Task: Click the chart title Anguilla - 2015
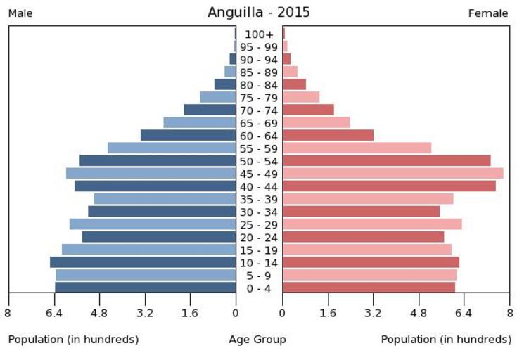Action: pyautogui.click(x=258, y=13)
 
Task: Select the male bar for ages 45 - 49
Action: pyautogui.click(x=151, y=173)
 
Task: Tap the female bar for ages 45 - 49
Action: pyautogui.click(x=392, y=173)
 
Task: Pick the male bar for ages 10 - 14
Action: pyautogui.click(x=143, y=262)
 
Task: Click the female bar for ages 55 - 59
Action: pyautogui.click(x=357, y=148)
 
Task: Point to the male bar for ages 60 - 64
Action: pyautogui.click(x=188, y=135)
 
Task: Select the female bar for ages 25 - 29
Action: pyautogui.click(x=372, y=224)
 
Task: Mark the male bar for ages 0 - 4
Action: pyautogui.click(x=145, y=287)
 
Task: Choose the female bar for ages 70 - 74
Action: pyautogui.click(x=308, y=110)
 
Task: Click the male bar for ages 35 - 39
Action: pyautogui.click(x=165, y=198)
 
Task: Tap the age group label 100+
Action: pyautogui.click(x=259, y=34)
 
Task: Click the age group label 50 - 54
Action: pyautogui.click(x=259, y=161)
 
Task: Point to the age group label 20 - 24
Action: pyautogui.click(x=259, y=237)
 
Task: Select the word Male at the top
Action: pyautogui.click(x=20, y=13)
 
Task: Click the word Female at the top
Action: pyautogui.click(x=488, y=13)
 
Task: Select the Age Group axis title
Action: pyautogui.click(x=257, y=340)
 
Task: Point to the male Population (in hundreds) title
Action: pyautogui.click(x=73, y=340)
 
